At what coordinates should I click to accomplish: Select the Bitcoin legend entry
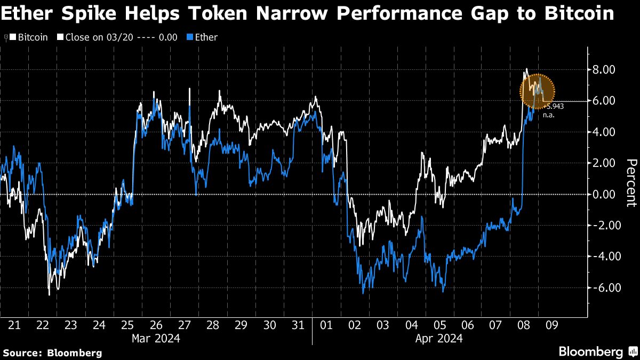(x=33, y=37)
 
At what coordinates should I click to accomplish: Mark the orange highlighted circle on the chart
(x=538, y=91)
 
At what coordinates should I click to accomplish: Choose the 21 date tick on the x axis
(x=14, y=325)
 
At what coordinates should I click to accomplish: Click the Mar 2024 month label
(x=156, y=338)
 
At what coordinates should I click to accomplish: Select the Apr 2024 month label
(x=439, y=338)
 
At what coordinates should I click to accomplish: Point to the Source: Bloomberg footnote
(x=52, y=353)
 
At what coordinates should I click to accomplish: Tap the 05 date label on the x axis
(x=439, y=325)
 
